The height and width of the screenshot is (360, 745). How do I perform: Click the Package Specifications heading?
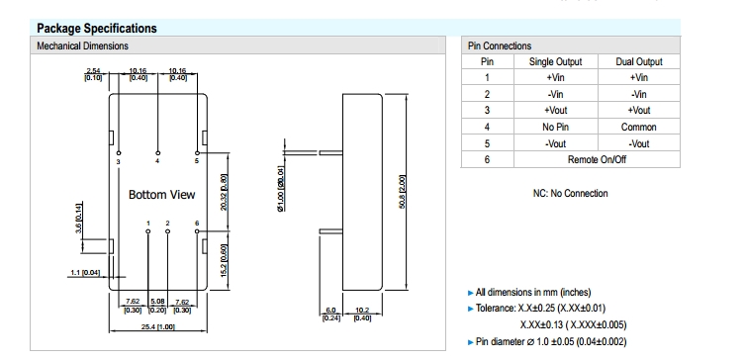tap(96, 29)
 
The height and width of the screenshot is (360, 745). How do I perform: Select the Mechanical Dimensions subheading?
tap(83, 46)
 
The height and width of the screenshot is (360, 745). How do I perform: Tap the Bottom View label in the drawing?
tap(161, 195)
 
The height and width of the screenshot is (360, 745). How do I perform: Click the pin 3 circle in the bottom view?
tap(119, 153)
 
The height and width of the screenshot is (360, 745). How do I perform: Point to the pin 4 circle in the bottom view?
tap(157, 153)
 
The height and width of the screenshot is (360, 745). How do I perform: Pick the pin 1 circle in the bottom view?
tap(147, 231)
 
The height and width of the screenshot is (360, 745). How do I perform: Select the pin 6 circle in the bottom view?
tap(197, 231)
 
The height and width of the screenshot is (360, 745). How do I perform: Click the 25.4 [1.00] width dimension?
tap(158, 327)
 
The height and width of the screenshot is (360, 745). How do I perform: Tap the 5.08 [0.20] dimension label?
tap(157, 306)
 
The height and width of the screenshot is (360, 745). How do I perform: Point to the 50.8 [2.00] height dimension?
tap(402, 192)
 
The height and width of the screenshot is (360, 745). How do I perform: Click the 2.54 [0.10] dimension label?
tap(93, 74)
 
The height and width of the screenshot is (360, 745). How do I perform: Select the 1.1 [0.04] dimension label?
tap(85, 273)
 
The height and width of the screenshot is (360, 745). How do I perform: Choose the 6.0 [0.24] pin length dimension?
tap(330, 315)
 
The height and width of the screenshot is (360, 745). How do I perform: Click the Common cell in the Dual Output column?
tap(638, 127)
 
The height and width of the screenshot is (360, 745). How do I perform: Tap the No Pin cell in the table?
tap(555, 127)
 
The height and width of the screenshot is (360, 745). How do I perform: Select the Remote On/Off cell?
tap(597, 159)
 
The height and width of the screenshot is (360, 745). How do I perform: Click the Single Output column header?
tap(555, 61)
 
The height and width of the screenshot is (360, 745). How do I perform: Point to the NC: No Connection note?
tap(570, 193)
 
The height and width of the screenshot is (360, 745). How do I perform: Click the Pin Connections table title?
tap(500, 46)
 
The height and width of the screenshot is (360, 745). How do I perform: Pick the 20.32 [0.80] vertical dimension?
tap(225, 192)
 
